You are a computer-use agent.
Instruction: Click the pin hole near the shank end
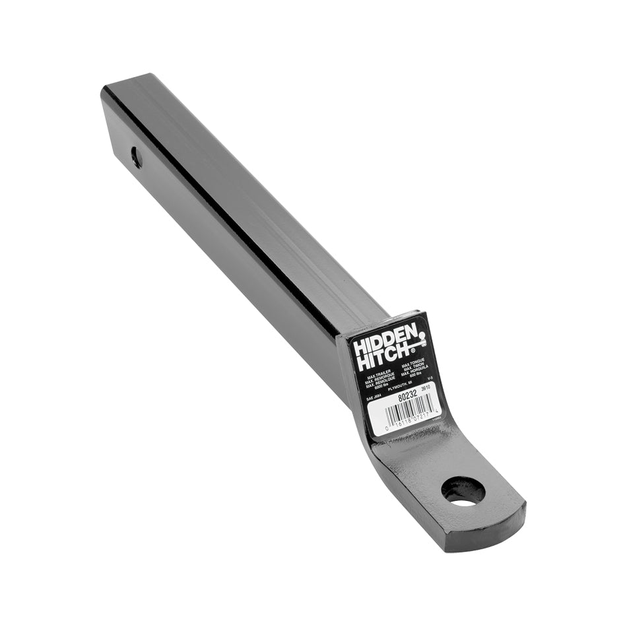pyautogui.click(x=136, y=157)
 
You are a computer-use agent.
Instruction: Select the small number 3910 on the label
pyautogui.click(x=426, y=389)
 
